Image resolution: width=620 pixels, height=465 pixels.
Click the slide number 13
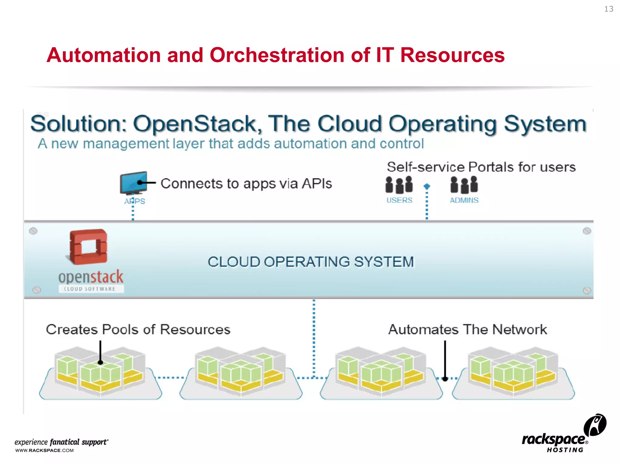tap(608, 9)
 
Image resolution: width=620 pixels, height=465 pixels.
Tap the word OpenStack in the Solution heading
tap(197, 124)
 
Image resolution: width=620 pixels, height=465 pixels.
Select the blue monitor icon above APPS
tap(134, 183)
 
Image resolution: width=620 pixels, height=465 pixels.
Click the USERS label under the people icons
tap(399, 200)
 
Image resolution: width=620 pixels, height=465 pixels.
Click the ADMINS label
tap(464, 200)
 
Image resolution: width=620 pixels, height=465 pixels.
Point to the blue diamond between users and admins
tap(427, 186)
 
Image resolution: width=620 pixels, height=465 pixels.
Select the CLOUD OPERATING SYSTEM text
tap(310, 262)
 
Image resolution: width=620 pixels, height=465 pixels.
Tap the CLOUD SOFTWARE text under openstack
tap(90, 289)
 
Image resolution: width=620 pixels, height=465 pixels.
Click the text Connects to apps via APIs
tap(246, 183)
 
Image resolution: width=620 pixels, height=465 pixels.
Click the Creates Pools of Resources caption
tap(138, 329)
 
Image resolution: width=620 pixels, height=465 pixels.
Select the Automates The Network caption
tap(467, 329)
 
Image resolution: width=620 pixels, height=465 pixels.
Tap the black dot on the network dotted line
tap(445, 379)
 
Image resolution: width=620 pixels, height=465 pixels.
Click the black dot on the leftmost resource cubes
tap(101, 362)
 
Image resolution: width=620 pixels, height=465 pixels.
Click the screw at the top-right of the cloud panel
tap(587, 231)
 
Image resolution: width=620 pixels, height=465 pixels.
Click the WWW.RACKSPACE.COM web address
tap(45, 450)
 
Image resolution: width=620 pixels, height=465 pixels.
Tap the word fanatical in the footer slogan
tap(65, 442)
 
